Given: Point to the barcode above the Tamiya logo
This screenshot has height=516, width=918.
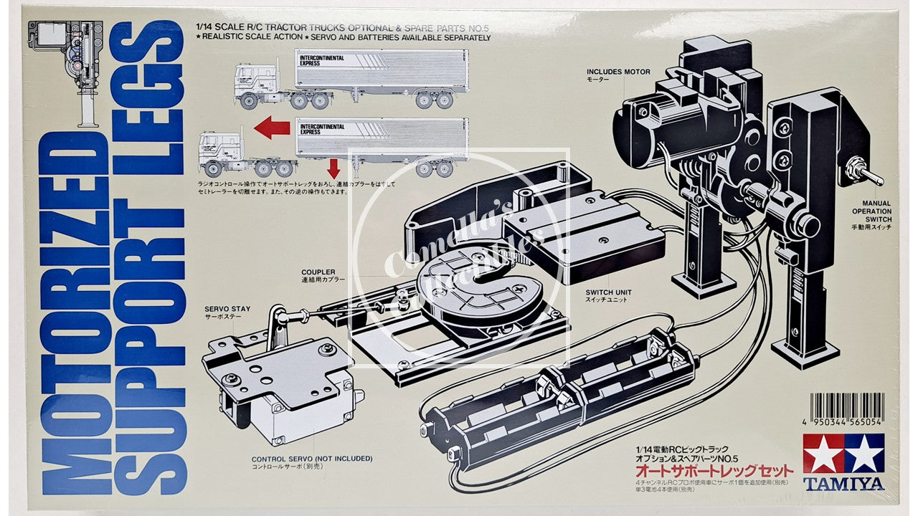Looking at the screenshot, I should click(843, 408).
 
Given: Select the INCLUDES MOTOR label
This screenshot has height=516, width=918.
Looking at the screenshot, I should click(617, 72).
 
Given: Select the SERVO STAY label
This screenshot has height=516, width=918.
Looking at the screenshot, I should click(227, 309).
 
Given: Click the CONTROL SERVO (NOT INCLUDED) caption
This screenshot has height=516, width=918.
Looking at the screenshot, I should click(302, 459).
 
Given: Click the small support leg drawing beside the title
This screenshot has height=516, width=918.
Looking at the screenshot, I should click(72, 68).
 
